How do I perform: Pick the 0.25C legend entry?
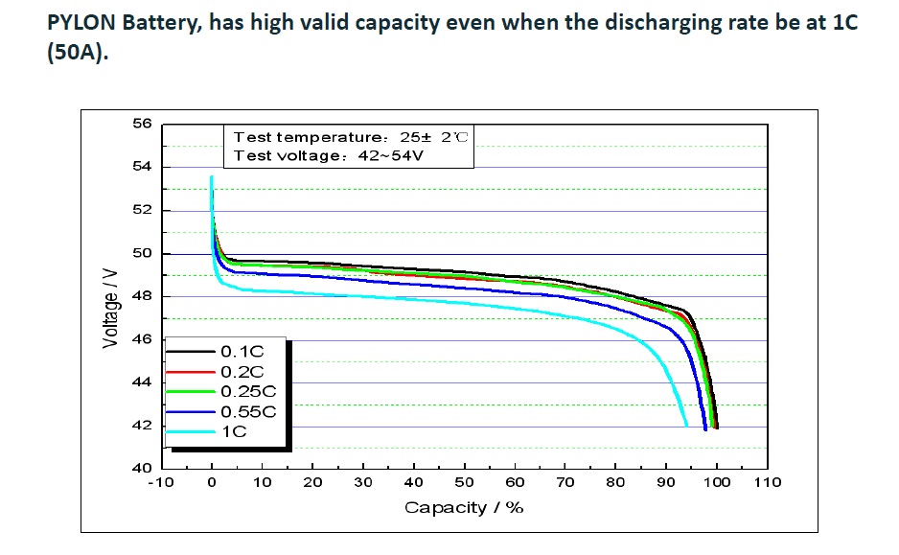[x=247, y=391]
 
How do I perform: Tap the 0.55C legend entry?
[x=247, y=411]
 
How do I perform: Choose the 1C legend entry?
[x=234, y=432]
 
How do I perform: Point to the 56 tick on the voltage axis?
[x=141, y=124]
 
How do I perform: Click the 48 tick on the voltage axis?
[x=141, y=296]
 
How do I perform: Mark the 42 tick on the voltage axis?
[x=141, y=426]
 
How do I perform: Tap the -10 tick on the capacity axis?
[x=160, y=482]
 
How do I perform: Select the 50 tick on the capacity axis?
[x=465, y=482]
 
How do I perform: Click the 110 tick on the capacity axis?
[x=768, y=482]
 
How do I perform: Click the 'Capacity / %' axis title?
[x=464, y=507]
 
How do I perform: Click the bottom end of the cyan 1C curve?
[x=686, y=425]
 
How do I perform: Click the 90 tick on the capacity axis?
[x=667, y=482]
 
